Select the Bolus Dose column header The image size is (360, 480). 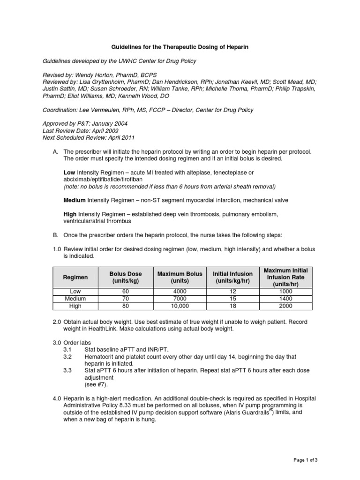tap(125, 277)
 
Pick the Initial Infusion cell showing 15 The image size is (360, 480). tap(232, 299)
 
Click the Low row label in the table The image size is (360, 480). tap(75, 291)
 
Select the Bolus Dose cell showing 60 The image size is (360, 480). tap(125, 291)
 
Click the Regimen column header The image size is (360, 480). tap(75, 277)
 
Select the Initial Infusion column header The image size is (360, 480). tap(232, 277)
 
